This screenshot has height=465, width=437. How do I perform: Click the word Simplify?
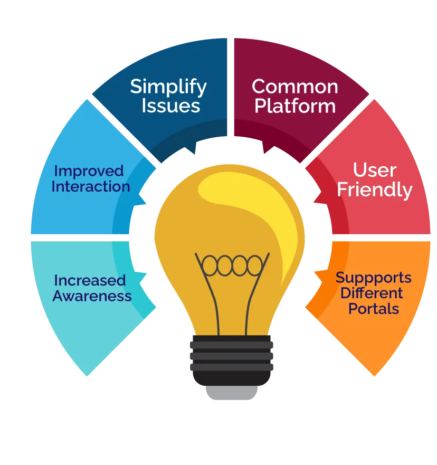(168, 87)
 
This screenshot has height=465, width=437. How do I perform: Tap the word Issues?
(170, 106)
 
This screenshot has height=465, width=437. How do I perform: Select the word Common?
(294, 86)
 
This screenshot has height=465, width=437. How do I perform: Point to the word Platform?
(294, 106)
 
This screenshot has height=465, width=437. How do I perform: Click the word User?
(375, 170)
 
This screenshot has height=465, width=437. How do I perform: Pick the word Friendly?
(375, 189)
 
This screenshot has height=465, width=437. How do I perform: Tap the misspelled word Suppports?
(374, 278)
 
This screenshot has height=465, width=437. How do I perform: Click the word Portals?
(374, 308)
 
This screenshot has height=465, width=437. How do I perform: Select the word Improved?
(89, 171)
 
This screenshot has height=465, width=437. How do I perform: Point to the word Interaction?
(91, 186)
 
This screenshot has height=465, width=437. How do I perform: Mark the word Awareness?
(92, 296)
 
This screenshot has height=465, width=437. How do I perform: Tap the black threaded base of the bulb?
(232, 359)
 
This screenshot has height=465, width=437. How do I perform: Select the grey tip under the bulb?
(232, 393)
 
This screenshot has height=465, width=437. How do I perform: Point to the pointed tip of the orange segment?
(374, 376)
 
